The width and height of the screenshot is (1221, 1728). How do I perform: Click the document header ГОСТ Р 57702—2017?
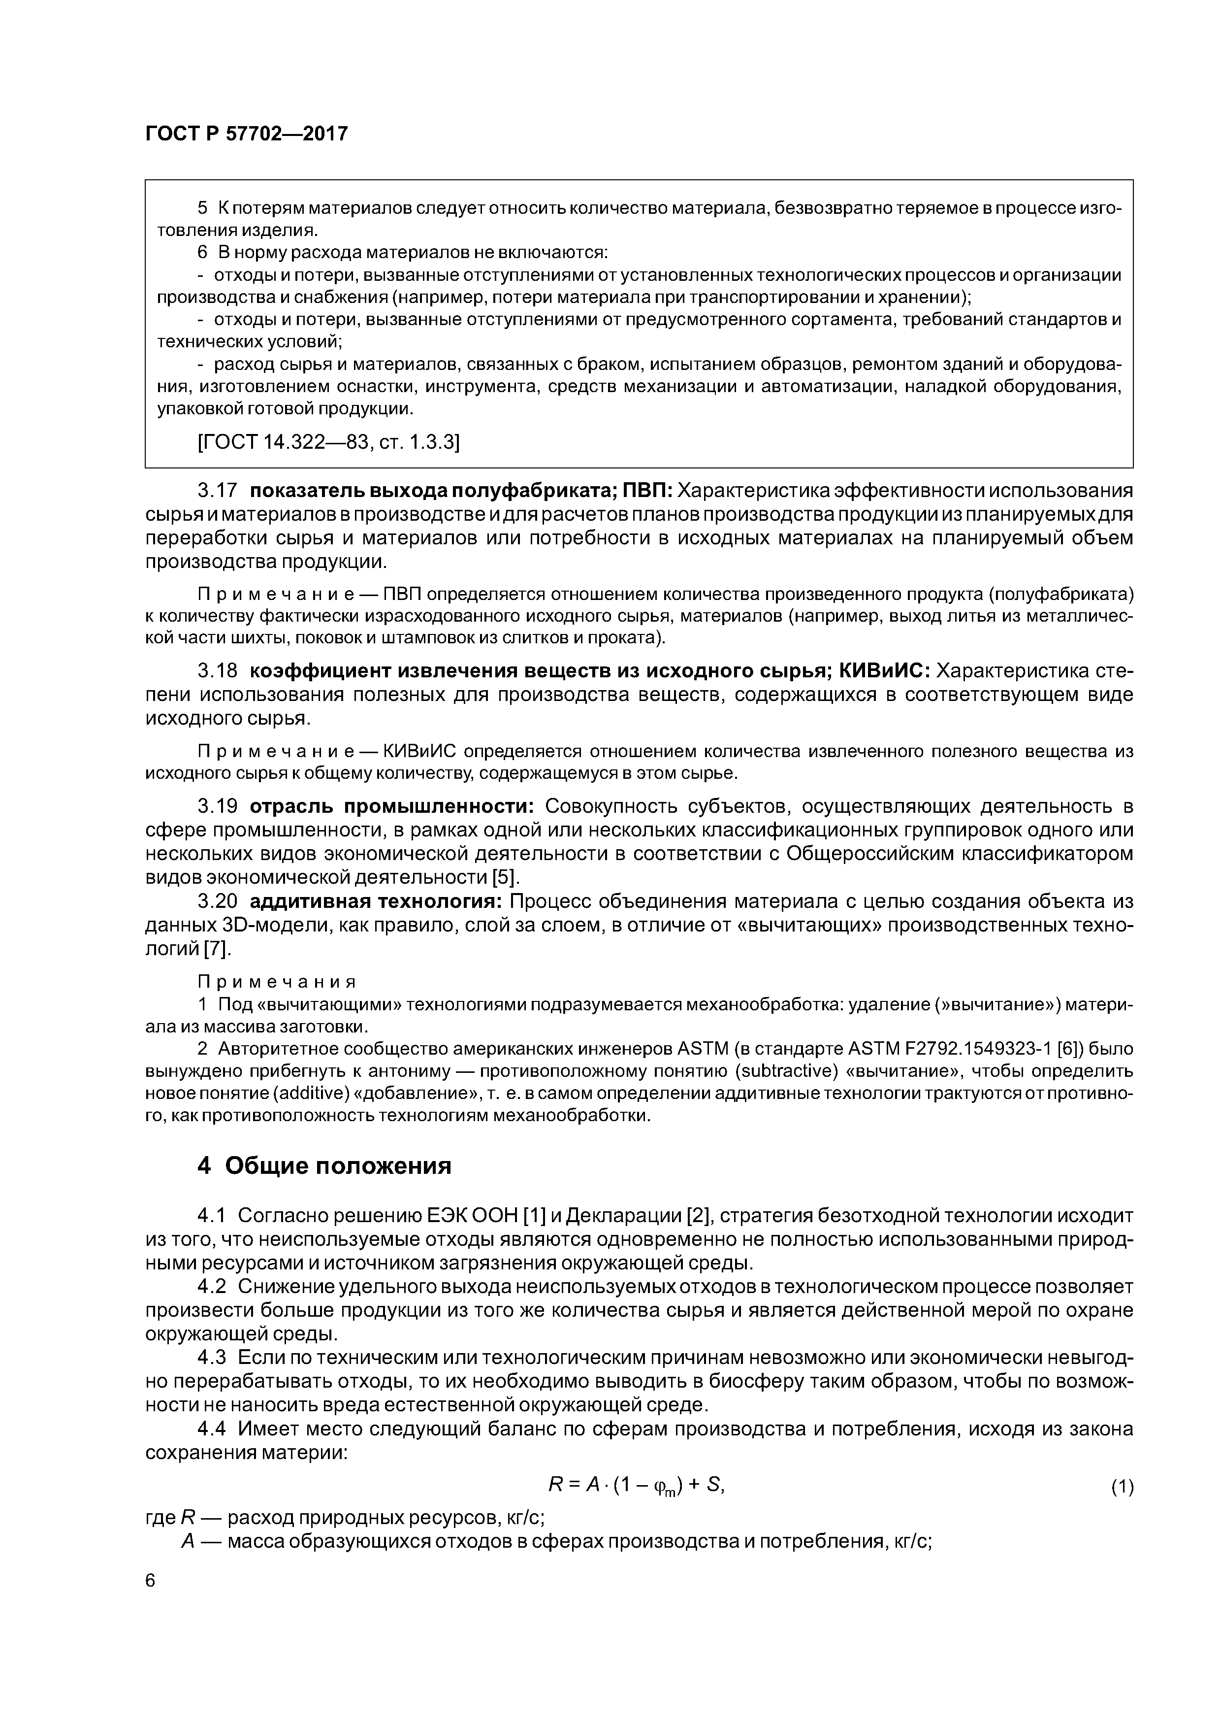(246, 134)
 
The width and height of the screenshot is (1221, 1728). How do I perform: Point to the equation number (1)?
(1122, 1487)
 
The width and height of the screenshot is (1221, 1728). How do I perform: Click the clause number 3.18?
(218, 670)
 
